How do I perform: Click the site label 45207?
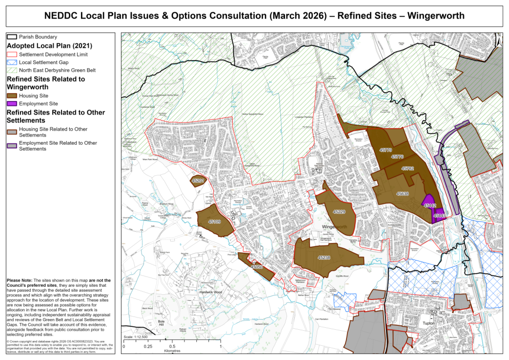(198, 181)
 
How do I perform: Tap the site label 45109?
(214, 222)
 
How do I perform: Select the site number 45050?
(256, 267)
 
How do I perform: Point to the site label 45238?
(324, 257)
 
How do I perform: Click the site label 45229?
(339, 212)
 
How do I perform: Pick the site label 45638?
(402, 194)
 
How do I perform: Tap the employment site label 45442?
(430, 205)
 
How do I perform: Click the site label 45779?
(386, 150)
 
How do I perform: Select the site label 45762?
(408, 168)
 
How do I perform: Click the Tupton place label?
(429, 324)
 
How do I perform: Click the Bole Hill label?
(148, 325)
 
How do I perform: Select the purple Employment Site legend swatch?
(12, 104)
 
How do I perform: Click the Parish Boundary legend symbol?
(12, 37)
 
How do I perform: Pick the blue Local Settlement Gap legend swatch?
(12, 62)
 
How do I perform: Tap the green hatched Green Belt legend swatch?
(12, 70)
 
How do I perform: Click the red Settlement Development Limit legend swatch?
(12, 54)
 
